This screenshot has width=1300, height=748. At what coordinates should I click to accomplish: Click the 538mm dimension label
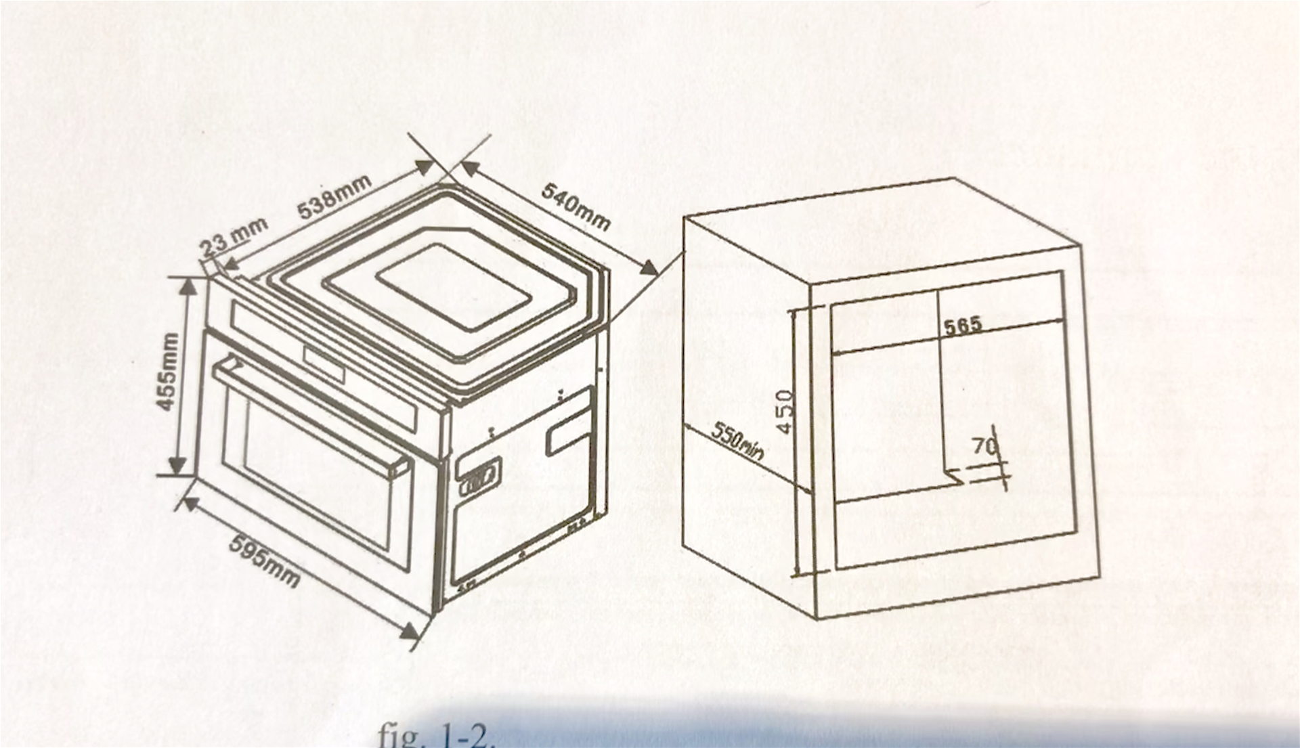[335, 196]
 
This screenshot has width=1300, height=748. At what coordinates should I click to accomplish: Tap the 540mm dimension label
[576, 207]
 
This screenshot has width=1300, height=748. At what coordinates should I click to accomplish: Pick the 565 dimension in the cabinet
[963, 327]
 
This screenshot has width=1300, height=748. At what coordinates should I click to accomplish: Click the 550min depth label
[737, 441]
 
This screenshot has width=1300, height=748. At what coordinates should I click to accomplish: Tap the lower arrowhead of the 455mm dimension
[177, 466]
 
